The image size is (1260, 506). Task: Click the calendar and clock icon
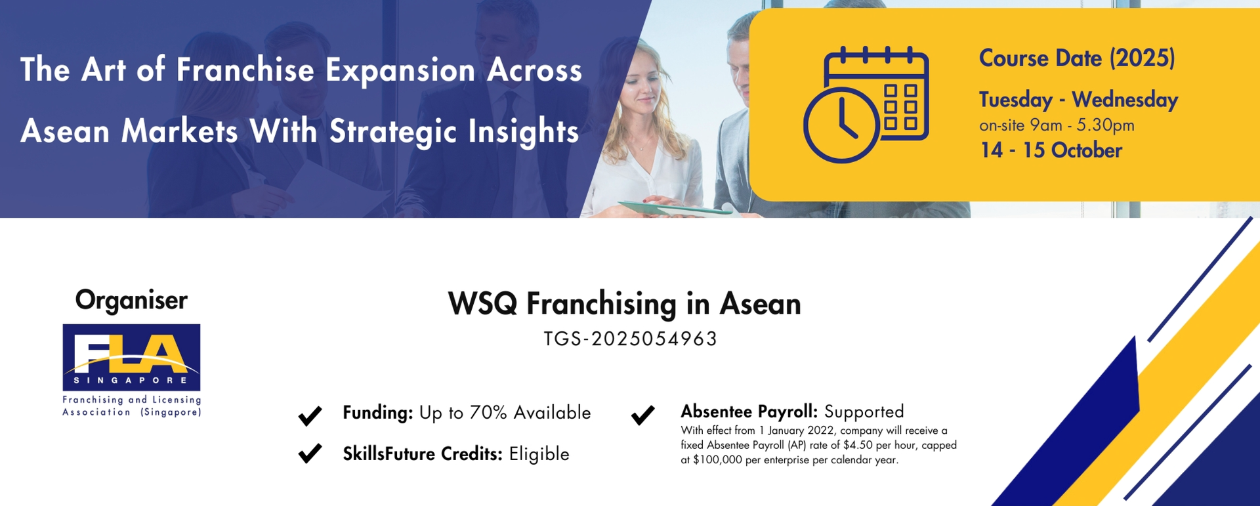tap(866, 104)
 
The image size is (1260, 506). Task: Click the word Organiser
tap(131, 300)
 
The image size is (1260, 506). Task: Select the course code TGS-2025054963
tap(631, 339)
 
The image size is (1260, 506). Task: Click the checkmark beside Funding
tap(310, 415)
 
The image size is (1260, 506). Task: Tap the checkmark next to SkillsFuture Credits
tap(310, 453)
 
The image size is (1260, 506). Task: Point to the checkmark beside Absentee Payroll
tap(642, 415)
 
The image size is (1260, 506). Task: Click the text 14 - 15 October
tap(1051, 150)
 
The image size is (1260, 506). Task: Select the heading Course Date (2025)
tap(1077, 58)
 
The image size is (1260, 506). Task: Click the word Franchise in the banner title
tap(245, 70)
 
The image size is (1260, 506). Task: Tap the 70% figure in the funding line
tap(488, 413)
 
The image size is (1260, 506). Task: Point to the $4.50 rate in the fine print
tap(858, 445)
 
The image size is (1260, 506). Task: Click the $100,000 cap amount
tap(717, 460)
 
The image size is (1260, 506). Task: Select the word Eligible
tap(539, 454)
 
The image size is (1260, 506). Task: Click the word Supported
tap(864, 412)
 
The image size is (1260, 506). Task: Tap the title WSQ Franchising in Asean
tap(624, 304)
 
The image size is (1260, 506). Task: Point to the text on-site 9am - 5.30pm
tap(1057, 125)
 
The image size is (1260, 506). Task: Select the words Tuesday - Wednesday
tap(1078, 100)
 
